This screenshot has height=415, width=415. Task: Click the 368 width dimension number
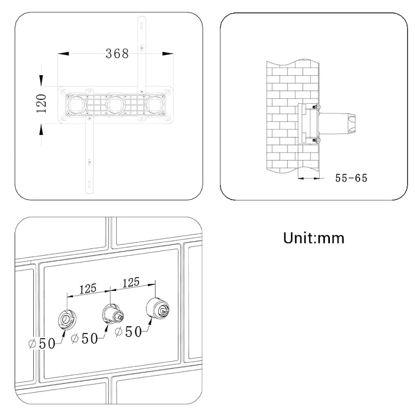click(117, 53)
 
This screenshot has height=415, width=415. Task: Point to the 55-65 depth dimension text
click(351, 178)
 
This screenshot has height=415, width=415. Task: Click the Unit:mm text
click(313, 238)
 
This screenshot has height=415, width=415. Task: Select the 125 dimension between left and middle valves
click(88, 288)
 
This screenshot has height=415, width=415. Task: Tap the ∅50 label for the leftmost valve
click(41, 343)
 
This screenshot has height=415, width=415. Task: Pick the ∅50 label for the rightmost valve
click(128, 331)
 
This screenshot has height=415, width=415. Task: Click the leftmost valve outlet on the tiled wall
click(66, 317)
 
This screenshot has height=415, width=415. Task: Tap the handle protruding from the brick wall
click(343, 122)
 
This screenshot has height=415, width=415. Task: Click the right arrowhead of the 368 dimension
click(168, 53)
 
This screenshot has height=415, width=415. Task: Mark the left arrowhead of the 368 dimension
click(63, 53)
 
